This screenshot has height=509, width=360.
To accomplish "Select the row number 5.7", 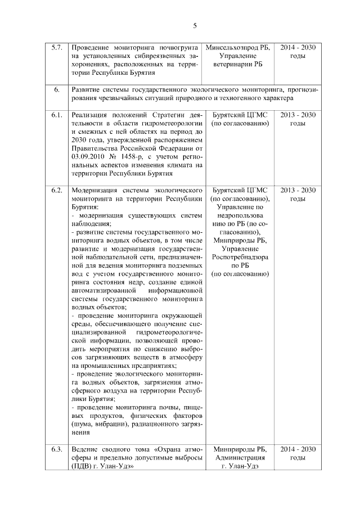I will pyautogui.click(x=56, y=48).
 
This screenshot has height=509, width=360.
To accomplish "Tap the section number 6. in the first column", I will pyautogui.click(x=56, y=89).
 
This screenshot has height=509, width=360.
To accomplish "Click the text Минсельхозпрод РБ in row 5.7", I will pyautogui.click(x=238, y=48).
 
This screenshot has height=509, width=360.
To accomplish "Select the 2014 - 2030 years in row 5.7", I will pyautogui.click(x=298, y=48).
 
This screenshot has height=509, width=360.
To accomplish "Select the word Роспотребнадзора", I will pyautogui.click(x=240, y=257).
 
